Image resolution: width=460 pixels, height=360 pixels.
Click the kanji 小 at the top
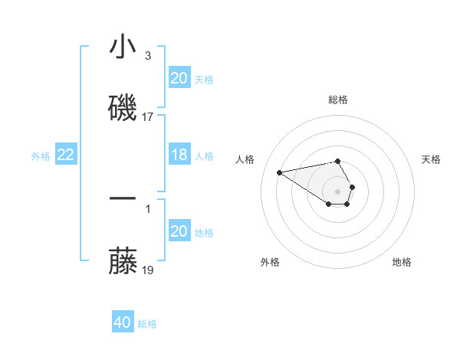(x=123, y=47)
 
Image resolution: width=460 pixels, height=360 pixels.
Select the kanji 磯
(x=123, y=108)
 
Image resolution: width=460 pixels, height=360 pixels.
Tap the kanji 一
(x=123, y=198)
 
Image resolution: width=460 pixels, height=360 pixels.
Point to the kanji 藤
(x=123, y=262)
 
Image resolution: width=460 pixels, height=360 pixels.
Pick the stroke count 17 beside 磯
(x=148, y=117)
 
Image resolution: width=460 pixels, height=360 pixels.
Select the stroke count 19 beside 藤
(x=148, y=270)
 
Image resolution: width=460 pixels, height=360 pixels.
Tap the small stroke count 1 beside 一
(x=148, y=208)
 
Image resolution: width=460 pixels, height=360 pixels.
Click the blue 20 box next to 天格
(x=179, y=78)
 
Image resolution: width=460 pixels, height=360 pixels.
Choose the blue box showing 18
(x=179, y=155)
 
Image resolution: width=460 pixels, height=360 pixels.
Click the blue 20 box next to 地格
(x=179, y=231)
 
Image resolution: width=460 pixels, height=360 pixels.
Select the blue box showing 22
(x=66, y=155)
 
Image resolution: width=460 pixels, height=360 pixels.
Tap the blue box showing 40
(x=123, y=322)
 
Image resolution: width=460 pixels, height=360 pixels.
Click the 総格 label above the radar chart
(x=338, y=100)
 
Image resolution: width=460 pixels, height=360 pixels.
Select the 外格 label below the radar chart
(x=270, y=262)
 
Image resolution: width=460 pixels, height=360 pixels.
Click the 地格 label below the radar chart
(x=402, y=262)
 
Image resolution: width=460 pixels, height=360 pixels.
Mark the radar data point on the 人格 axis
(x=279, y=172)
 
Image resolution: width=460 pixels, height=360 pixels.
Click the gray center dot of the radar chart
(x=337, y=191)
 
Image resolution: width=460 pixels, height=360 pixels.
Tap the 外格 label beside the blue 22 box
(x=41, y=155)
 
